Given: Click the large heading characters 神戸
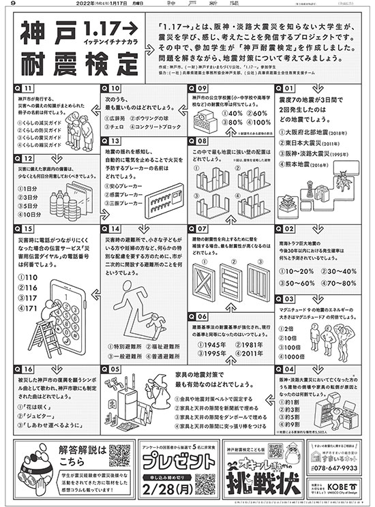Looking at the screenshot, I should click(48, 34).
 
